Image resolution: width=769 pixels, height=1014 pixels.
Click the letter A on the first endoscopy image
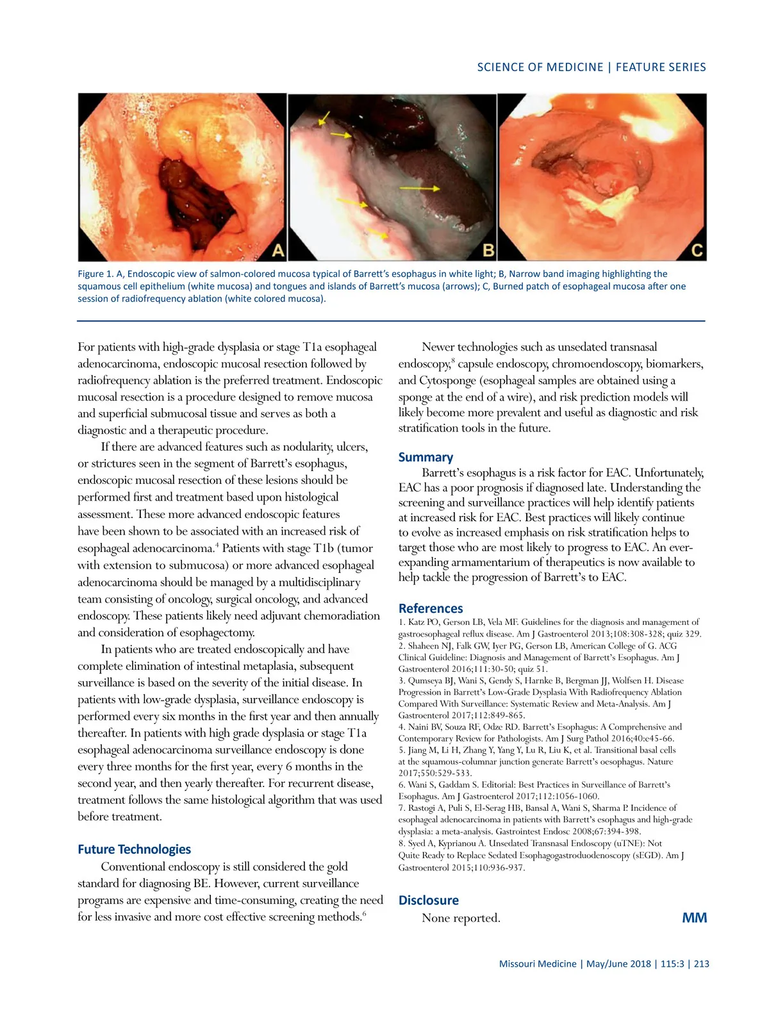click(x=277, y=249)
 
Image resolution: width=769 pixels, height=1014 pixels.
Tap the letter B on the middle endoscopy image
click(x=488, y=249)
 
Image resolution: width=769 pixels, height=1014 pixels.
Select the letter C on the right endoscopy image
click(x=697, y=249)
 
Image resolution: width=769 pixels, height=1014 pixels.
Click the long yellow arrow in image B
click(x=420, y=188)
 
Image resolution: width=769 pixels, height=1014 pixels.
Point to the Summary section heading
click(x=426, y=457)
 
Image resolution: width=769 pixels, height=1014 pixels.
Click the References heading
click(x=431, y=608)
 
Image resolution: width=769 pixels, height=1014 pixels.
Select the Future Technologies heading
click(x=134, y=849)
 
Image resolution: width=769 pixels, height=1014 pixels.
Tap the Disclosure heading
click(x=428, y=900)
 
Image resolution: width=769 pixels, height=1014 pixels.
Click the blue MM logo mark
click(x=695, y=918)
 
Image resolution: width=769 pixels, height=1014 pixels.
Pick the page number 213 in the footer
click(x=701, y=963)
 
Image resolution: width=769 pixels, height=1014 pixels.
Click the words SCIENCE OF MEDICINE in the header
click(x=540, y=67)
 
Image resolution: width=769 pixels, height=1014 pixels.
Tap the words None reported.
click(x=461, y=918)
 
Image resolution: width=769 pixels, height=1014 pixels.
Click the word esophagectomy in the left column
click(x=217, y=633)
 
